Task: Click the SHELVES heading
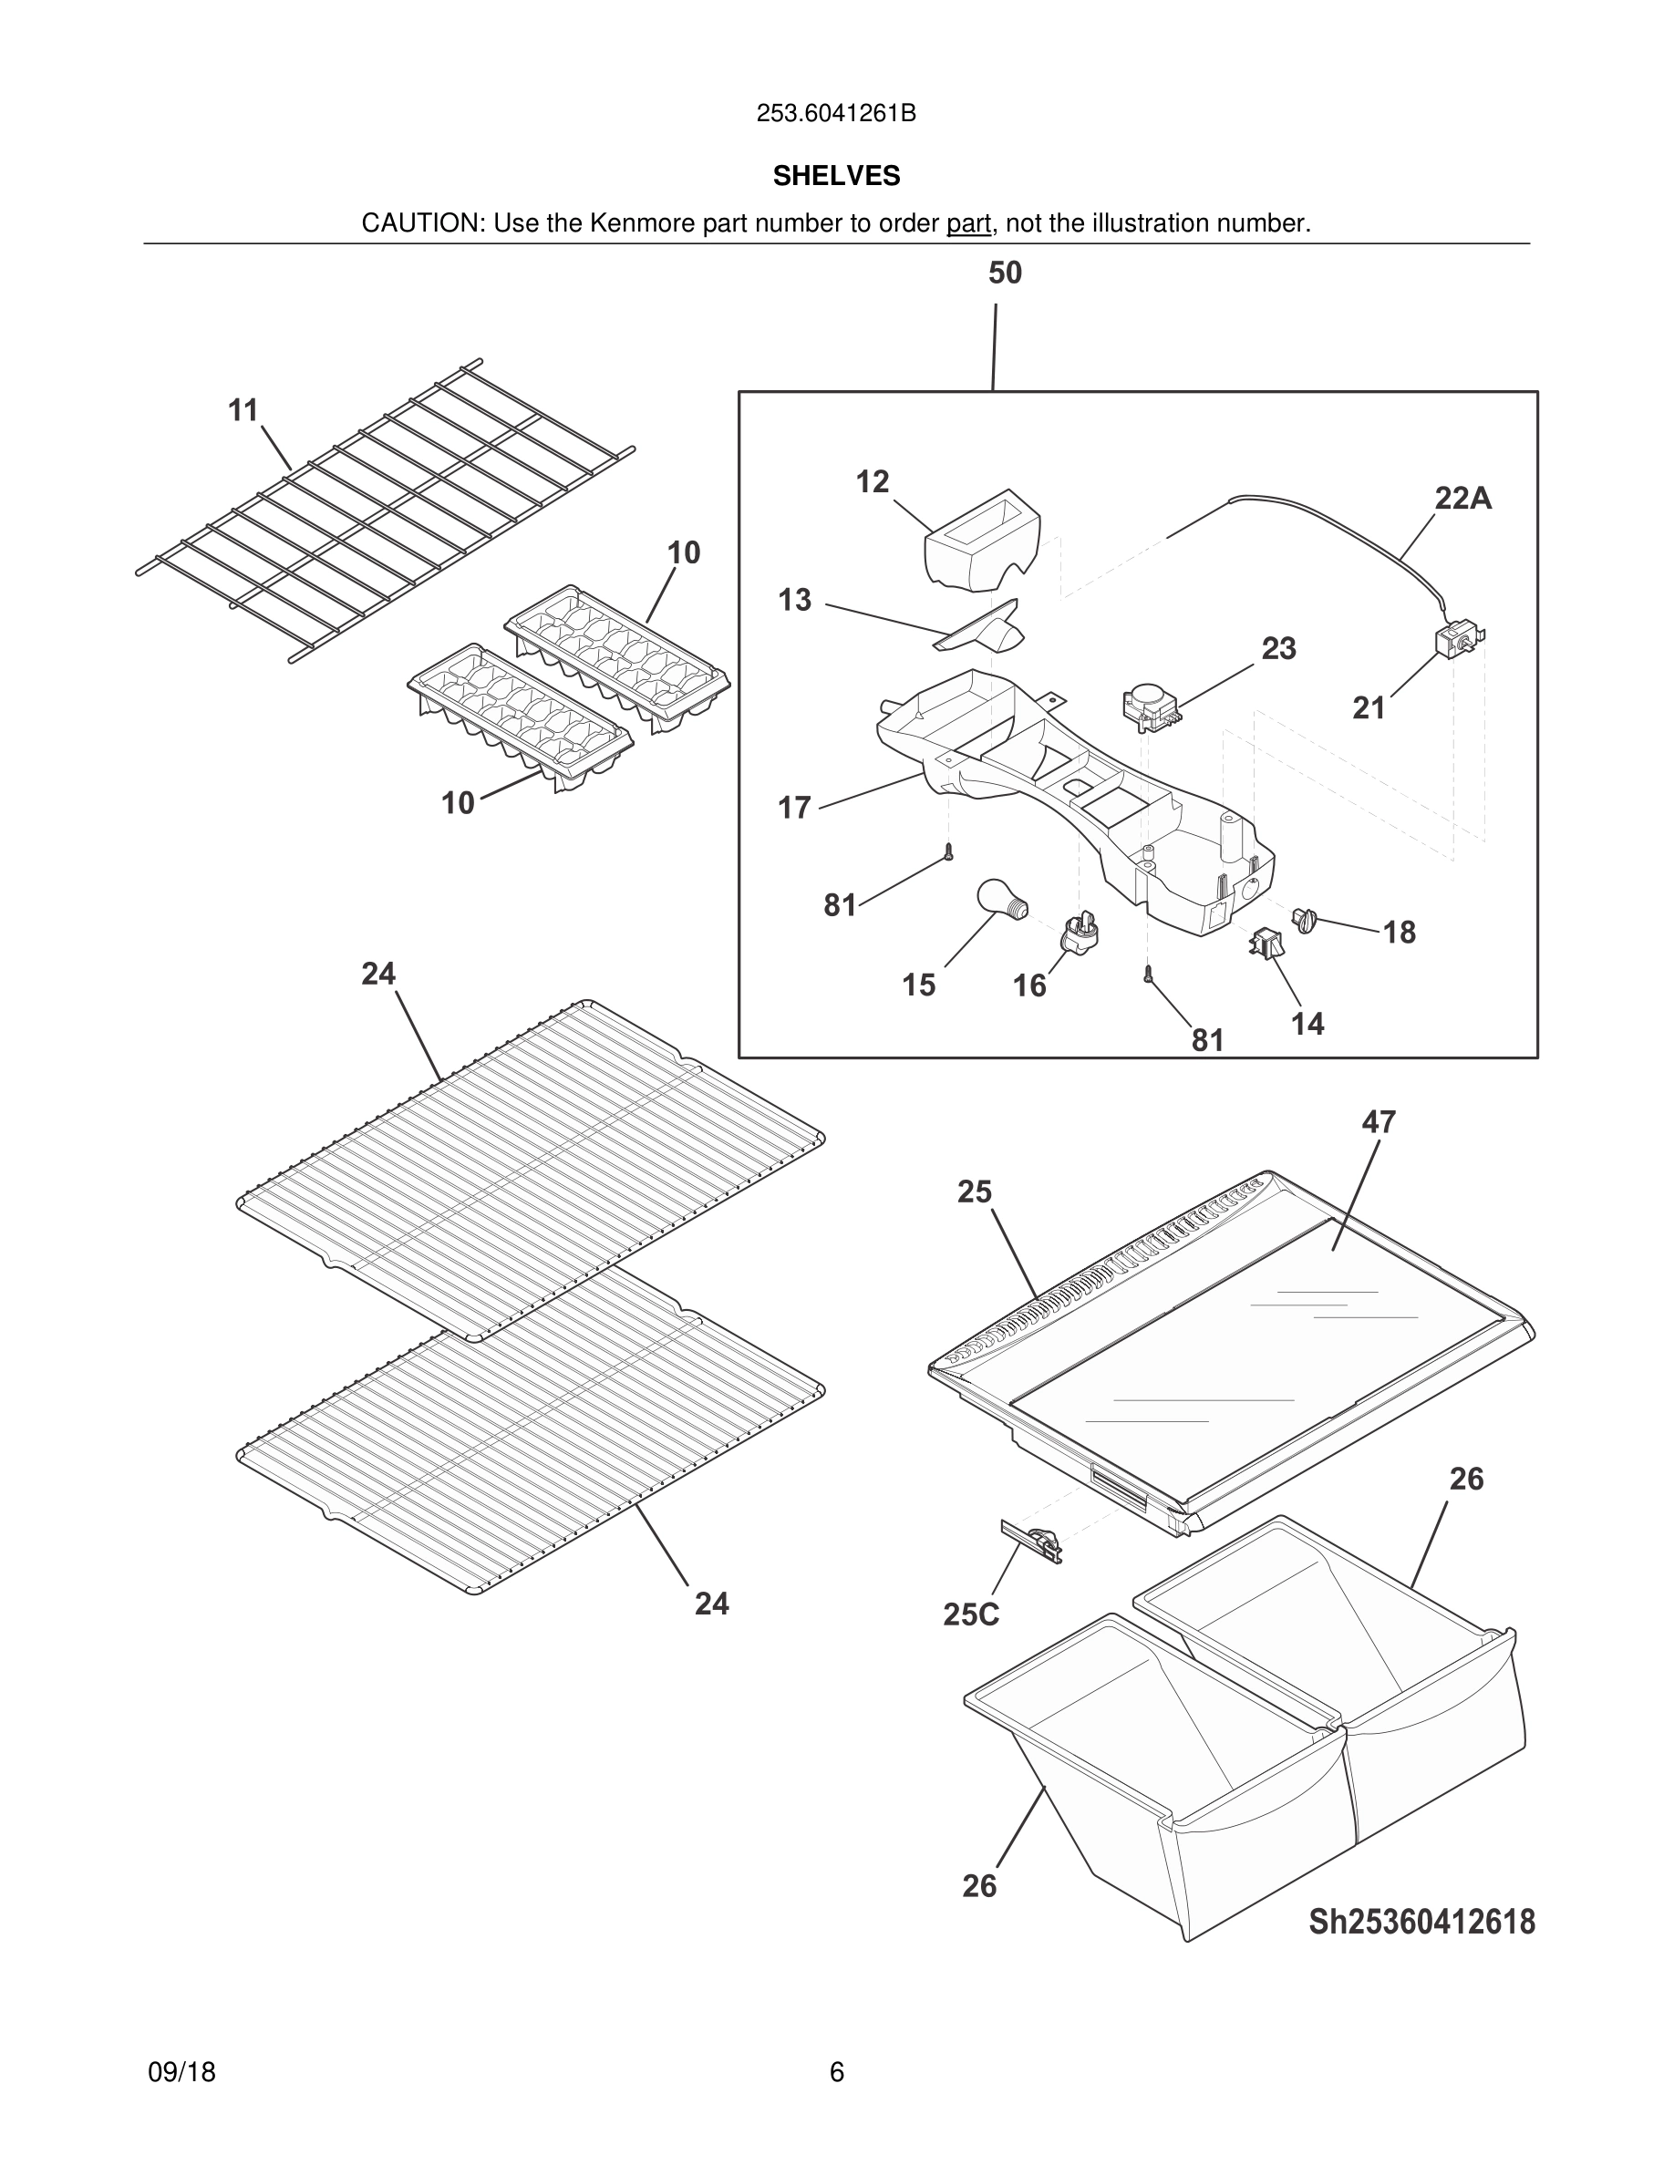click(x=836, y=176)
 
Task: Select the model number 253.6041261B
click(x=836, y=114)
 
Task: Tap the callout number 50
click(x=1005, y=273)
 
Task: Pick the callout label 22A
click(x=1462, y=498)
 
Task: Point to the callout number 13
click(x=794, y=600)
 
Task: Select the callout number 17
click(x=794, y=808)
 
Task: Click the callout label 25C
click(x=971, y=1614)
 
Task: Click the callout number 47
click(x=1379, y=1121)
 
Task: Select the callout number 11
click(x=243, y=409)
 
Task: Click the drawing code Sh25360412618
click(x=1421, y=1922)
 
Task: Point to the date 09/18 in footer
click(x=181, y=2072)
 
